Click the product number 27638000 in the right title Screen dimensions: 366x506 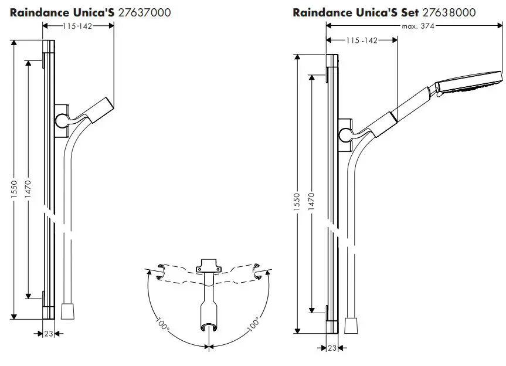pos(449,12)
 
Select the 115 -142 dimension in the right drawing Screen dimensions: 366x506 pos(362,40)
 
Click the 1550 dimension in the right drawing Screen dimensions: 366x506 pos(297,202)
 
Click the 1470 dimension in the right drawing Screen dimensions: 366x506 pos(311,202)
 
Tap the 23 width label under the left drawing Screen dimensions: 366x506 pos(48,333)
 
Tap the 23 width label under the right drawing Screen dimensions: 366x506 pos(332,347)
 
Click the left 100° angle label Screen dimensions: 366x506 pos(162,324)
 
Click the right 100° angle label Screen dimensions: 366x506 pos(253,324)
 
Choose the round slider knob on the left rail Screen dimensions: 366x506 pos(62,121)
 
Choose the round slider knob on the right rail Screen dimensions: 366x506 pos(345,135)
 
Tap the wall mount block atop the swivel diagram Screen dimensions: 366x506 pos(208,265)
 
